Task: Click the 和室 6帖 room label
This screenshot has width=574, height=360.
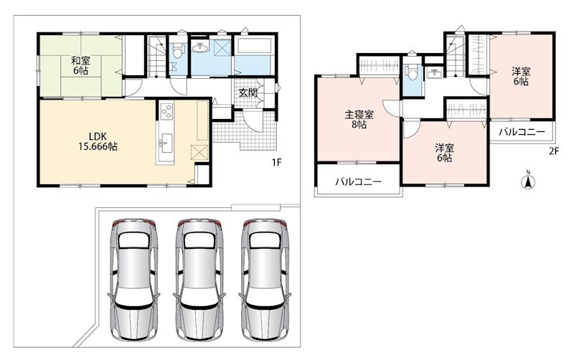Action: (x=80, y=65)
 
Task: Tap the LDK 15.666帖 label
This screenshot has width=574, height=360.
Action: (x=98, y=141)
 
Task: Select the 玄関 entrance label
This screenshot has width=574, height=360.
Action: (x=248, y=93)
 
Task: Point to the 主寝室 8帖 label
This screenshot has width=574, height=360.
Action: (x=359, y=120)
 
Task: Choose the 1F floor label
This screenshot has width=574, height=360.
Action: (x=276, y=162)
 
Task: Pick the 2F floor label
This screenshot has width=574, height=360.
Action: (x=554, y=151)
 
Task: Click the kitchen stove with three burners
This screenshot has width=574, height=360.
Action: (x=167, y=111)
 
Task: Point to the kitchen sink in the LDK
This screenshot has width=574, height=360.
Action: (x=166, y=143)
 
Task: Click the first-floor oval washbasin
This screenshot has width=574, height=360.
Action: (x=200, y=47)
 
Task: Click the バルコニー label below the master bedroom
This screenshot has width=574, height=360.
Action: (x=359, y=181)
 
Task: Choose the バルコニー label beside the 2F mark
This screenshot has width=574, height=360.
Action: (x=522, y=132)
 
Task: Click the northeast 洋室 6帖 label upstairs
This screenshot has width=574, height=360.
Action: (x=521, y=77)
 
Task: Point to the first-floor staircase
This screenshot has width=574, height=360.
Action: (x=156, y=55)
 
